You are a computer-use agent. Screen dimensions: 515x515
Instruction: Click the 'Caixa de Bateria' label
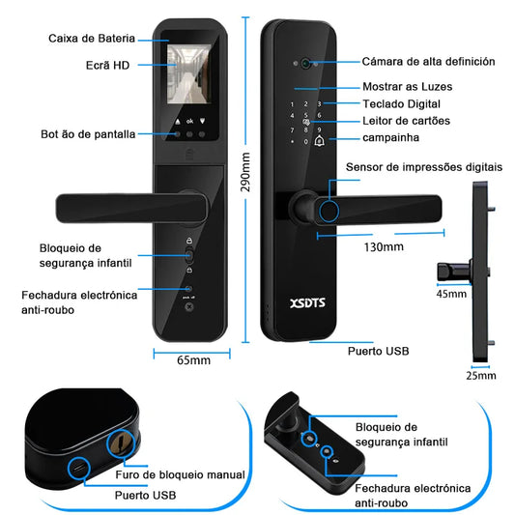coord(92,39)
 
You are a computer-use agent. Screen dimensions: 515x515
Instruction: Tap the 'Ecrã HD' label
coord(107,66)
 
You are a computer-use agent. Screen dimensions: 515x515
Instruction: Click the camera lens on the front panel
coord(306,63)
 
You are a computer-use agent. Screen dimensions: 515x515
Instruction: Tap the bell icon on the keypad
coord(319,141)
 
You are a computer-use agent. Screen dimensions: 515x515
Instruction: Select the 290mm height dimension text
coord(245,172)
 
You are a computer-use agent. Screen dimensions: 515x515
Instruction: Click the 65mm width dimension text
coord(194,360)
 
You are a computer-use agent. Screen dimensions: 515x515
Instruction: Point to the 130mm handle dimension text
coord(384,247)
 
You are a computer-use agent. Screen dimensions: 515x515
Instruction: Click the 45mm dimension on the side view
coord(451,294)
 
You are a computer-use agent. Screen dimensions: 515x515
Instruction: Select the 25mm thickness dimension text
coord(481,376)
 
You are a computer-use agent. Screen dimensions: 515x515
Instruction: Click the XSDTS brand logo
coord(307,302)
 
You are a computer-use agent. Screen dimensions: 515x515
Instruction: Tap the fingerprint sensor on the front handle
coord(329,212)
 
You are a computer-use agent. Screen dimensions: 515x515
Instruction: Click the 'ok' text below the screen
coord(189,121)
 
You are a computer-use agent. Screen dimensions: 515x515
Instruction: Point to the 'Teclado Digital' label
coord(401,104)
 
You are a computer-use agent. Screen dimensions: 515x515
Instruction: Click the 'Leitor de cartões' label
coord(406,121)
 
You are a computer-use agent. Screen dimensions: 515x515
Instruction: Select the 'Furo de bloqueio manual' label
coord(180,474)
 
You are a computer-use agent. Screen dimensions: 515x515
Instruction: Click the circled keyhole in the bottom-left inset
coord(121,443)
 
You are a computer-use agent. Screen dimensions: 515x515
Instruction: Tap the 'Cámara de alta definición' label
coord(428,62)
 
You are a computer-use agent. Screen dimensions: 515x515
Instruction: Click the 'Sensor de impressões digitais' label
coord(424,167)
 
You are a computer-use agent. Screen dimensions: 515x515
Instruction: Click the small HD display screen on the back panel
coord(189,73)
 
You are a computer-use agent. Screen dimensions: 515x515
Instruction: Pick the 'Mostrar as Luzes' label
coord(408,87)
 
